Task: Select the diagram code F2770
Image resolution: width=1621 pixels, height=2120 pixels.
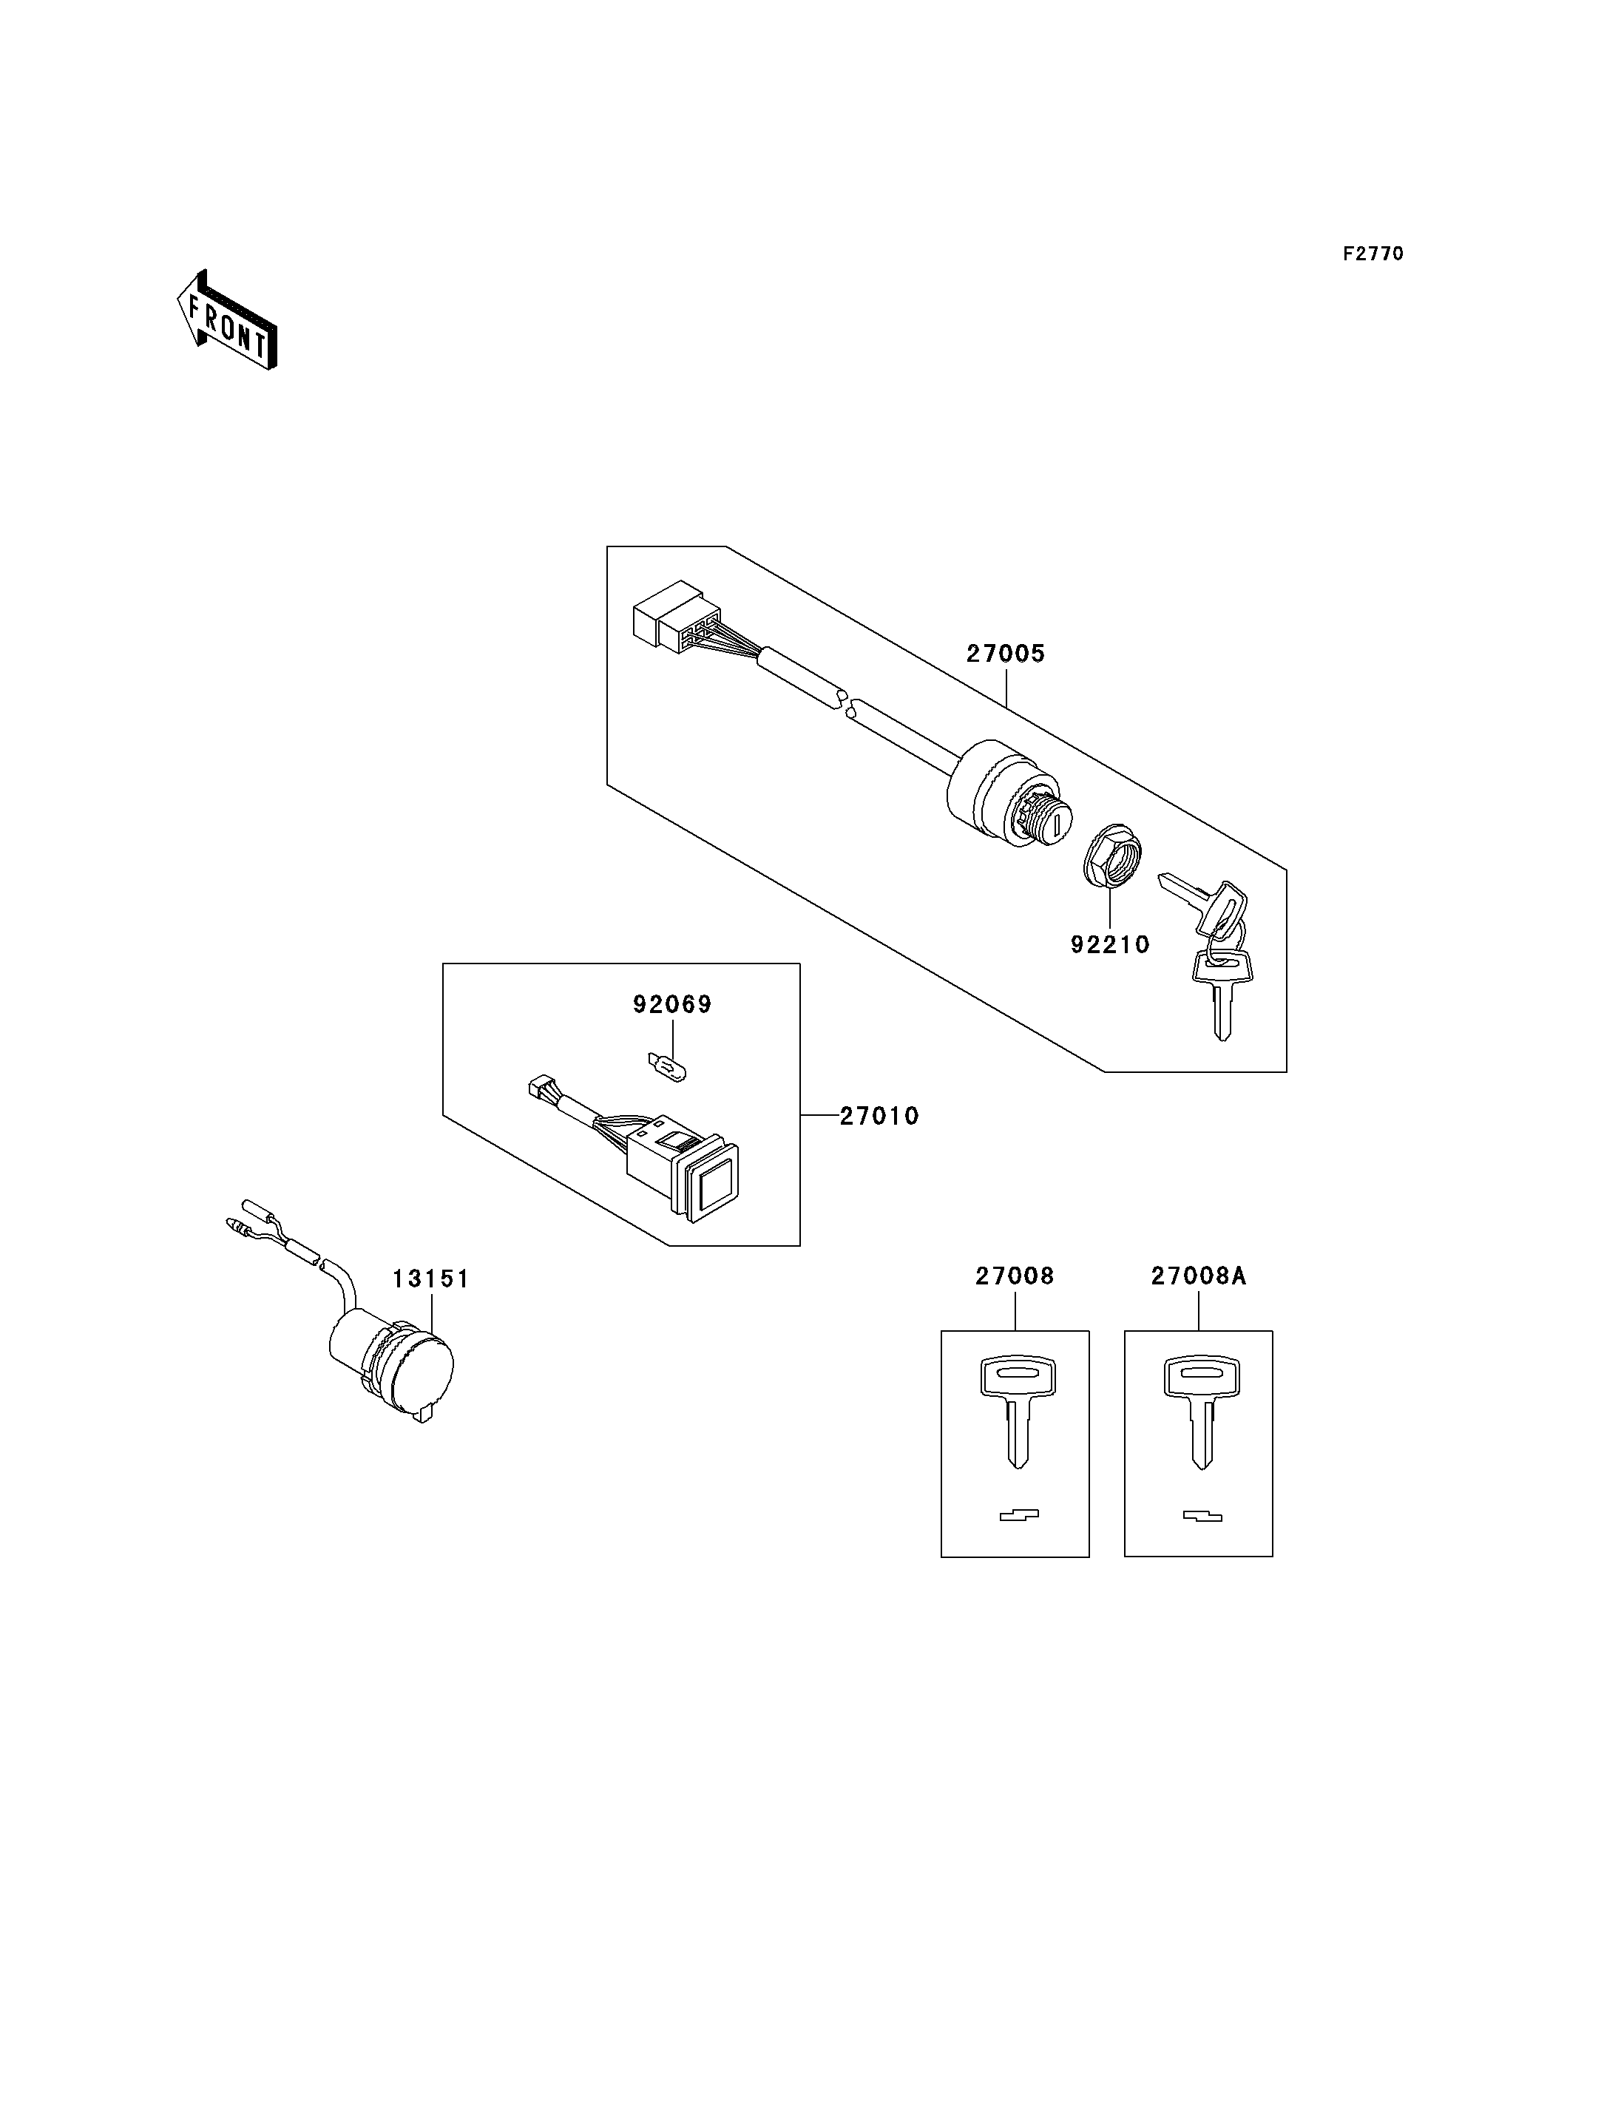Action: point(1373,254)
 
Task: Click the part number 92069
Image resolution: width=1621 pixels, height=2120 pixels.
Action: point(671,1004)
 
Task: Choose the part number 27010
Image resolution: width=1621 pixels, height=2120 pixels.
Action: point(879,1117)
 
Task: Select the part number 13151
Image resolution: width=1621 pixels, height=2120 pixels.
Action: point(430,1279)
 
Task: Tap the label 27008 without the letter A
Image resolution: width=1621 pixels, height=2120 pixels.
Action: point(1015,1276)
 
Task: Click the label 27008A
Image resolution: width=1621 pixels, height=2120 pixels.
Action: point(1199,1276)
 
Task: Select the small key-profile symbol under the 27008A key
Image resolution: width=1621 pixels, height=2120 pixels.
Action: point(1202,1516)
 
